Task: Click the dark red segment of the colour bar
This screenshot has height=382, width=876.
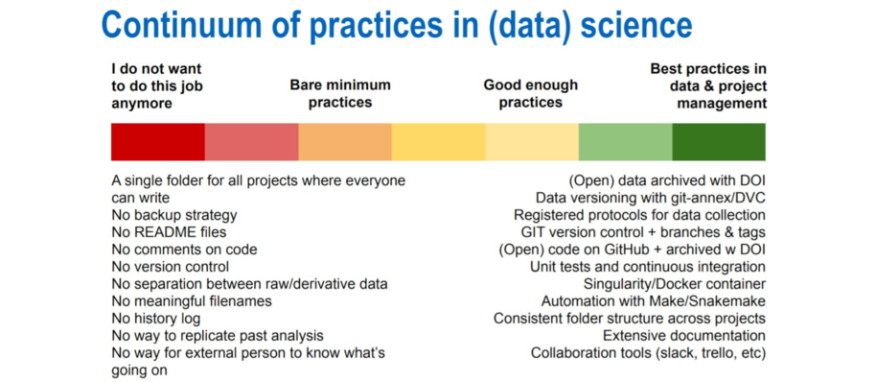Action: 158,142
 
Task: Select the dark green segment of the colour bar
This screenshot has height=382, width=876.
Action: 718,142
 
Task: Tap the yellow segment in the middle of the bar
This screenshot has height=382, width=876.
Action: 438,142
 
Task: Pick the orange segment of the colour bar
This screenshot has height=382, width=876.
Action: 345,142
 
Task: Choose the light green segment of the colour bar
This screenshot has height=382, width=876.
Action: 625,142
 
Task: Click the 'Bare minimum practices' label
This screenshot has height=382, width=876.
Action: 340,93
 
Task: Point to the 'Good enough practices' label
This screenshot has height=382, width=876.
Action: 530,93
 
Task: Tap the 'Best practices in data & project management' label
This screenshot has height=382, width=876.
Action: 708,85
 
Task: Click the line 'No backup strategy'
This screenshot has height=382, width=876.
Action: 173,215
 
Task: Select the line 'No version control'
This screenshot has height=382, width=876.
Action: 170,267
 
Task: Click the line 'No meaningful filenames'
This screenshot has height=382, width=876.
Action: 191,301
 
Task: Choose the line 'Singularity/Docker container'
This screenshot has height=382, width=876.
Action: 674,284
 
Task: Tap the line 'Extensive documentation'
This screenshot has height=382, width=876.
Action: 683,336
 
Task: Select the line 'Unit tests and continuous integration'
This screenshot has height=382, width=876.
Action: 648,267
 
